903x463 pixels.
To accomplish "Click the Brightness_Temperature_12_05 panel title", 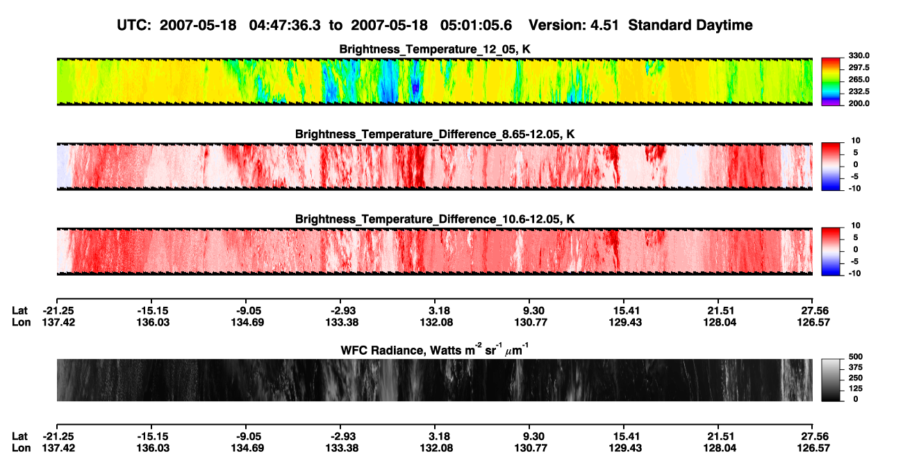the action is click(435, 49).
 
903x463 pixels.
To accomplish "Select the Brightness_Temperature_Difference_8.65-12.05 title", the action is click(435, 134).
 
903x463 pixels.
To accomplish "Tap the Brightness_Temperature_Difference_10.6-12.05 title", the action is click(435, 219).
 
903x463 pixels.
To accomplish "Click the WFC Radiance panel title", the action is click(435, 349).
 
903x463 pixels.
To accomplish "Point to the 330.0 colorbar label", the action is click(859, 56).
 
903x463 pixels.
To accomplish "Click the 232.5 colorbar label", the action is click(859, 92).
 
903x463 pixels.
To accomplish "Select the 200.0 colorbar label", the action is click(859, 103).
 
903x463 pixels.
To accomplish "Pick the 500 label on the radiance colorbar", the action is click(856, 357).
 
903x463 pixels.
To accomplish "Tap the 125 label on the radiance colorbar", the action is click(856, 389).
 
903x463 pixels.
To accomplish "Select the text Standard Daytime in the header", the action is click(690, 25).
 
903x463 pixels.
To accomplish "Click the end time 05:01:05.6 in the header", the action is click(476, 25).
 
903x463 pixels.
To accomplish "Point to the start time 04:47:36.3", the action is click(285, 25).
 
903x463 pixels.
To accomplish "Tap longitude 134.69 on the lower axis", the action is click(247, 448).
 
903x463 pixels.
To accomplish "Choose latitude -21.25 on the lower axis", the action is click(58, 437).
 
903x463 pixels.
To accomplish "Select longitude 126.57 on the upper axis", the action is click(813, 322).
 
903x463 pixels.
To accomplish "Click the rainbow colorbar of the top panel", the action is click(831, 82).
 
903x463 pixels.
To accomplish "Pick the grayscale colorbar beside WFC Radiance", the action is click(831, 380).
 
